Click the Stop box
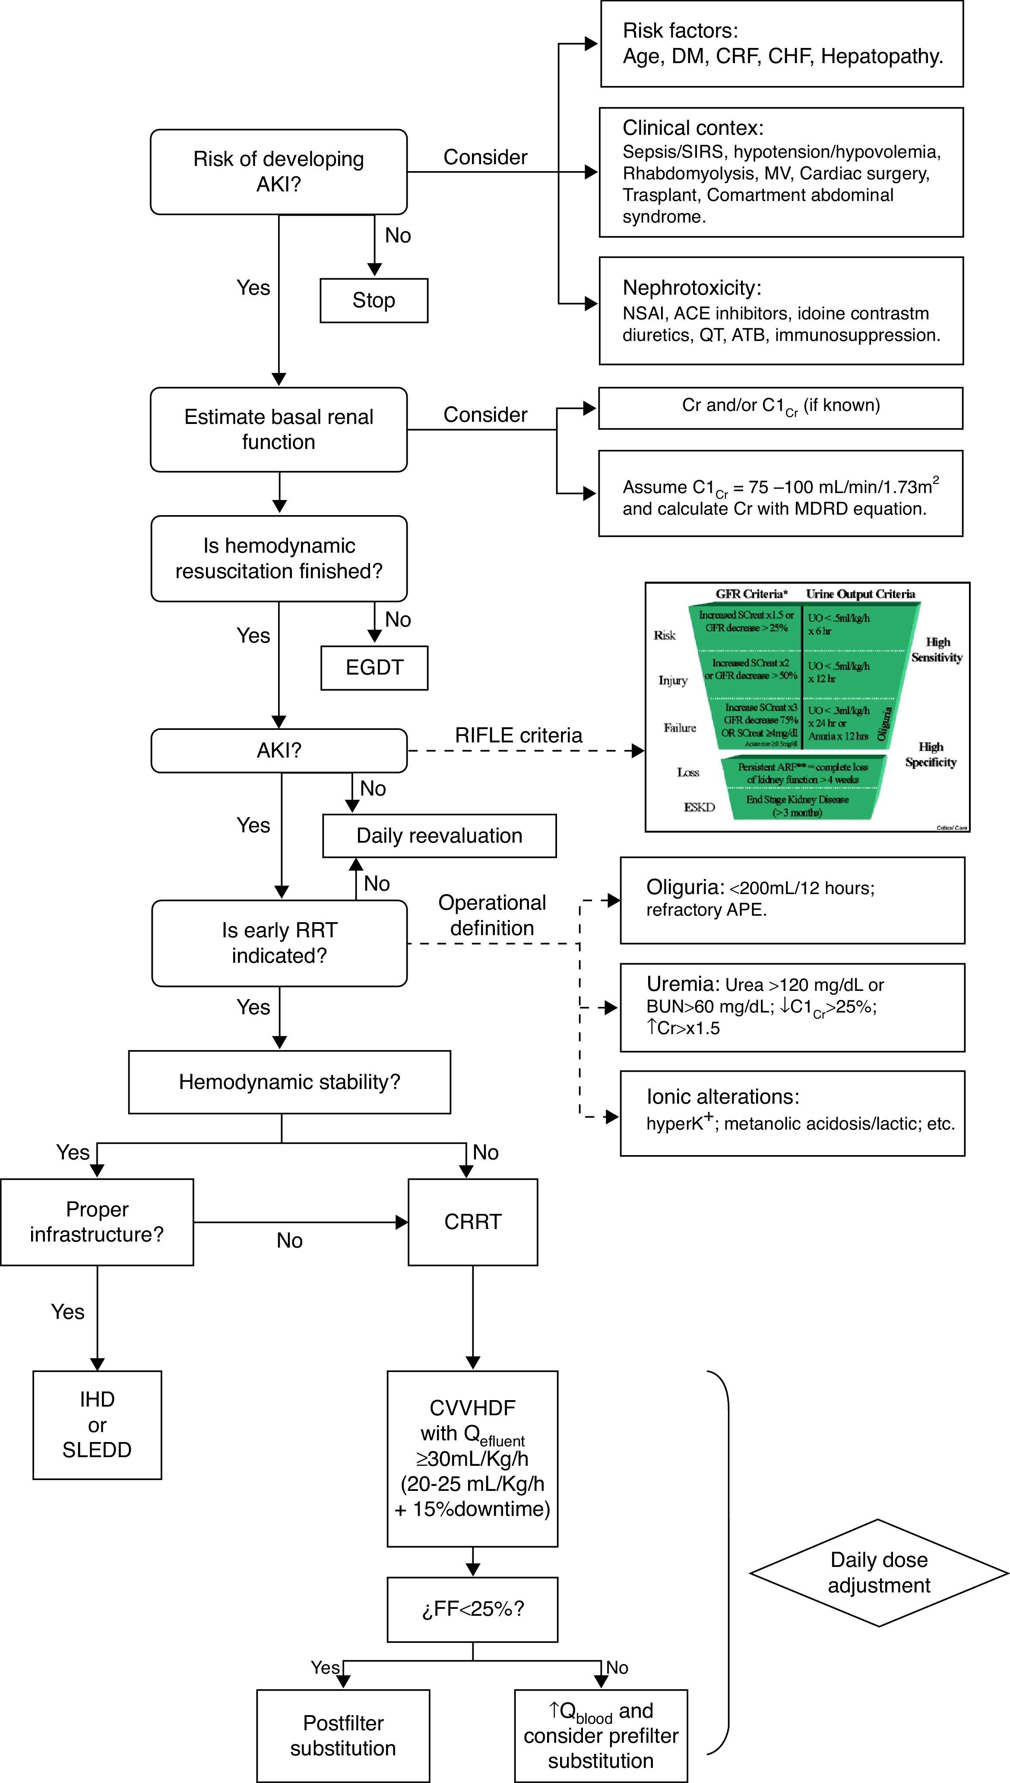pyautogui.click(x=374, y=300)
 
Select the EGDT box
pyautogui.click(x=374, y=668)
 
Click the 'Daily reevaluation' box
pyautogui.click(x=439, y=836)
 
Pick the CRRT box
pyautogui.click(x=472, y=1222)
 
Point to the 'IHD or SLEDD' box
pyautogui.click(x=97, y=1424)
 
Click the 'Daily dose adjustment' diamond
pyautogui.click(x=879, y=1573)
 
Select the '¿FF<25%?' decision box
pyautogui.click(x=472, y=1609)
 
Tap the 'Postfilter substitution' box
pyautogui.click(x=343, y=1735)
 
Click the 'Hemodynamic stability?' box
pyautogui.click(x=289, y=1082)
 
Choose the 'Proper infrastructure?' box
pyautogui.click(x=97, y=1222)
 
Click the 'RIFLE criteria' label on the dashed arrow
pyautogui.click(x=518, y=735)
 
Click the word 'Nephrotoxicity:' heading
pyautogui.click(x=692, y=288)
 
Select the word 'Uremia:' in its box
pyautogui.click(x=683, y=984)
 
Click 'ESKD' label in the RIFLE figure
pyautogui.click(x=699, y=807)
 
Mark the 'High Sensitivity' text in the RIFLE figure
pyautogui.click(x=937, y=650)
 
